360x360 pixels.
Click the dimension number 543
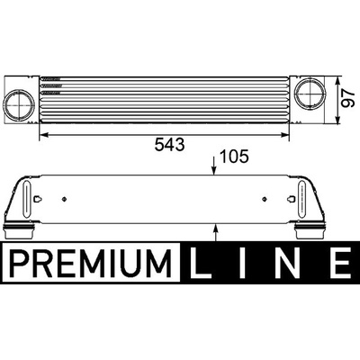point(169,145)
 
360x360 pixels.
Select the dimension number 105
point(234,157)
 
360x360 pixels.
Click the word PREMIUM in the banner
point(91,263)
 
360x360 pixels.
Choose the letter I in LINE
point(242,263)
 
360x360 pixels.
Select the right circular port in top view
point(310,93)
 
